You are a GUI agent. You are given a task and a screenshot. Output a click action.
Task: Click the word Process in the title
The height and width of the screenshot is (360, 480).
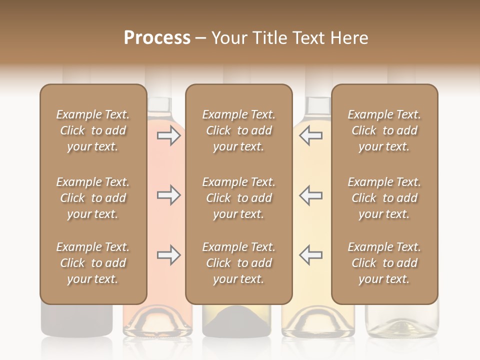click(x=157, y=38)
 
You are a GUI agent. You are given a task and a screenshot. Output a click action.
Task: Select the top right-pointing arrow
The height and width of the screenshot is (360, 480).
click(x=169, y=135)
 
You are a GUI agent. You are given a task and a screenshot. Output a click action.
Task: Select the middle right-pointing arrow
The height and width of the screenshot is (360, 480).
click(x=169, y=195)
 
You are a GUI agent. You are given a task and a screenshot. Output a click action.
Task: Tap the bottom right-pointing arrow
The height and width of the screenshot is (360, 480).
click(x=169, y=255)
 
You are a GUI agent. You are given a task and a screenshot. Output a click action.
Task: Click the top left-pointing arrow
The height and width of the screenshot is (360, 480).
click(x=310, y=135)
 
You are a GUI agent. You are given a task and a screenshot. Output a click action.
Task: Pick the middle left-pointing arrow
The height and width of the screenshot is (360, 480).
click(x=310, y=195)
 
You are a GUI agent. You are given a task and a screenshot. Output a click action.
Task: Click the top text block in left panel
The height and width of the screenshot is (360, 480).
click(x=93, y=130)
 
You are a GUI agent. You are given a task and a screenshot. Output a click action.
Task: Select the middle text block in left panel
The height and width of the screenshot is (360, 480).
click(x=93, y=198)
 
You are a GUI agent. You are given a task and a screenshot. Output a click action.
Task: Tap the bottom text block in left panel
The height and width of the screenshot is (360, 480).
click(x=93, y=263)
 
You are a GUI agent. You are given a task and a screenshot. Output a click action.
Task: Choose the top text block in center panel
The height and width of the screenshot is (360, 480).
click(x=238, y=130)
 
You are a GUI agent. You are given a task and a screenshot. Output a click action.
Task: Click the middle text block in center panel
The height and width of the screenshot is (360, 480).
click(x=238, y=198)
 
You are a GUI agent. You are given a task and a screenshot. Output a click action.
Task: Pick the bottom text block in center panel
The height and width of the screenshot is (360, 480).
click(x=238, y=263)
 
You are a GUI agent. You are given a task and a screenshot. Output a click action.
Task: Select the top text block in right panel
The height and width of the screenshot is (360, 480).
click(x=384, y=130)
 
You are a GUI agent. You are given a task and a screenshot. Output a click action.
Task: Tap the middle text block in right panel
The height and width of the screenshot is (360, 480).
click(x=384, y=198)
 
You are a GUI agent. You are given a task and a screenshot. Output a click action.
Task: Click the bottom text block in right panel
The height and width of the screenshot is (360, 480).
click(x=384, y=263)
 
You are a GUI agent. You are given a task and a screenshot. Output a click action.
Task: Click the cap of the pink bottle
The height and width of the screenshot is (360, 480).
click(x=159, y=105)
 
